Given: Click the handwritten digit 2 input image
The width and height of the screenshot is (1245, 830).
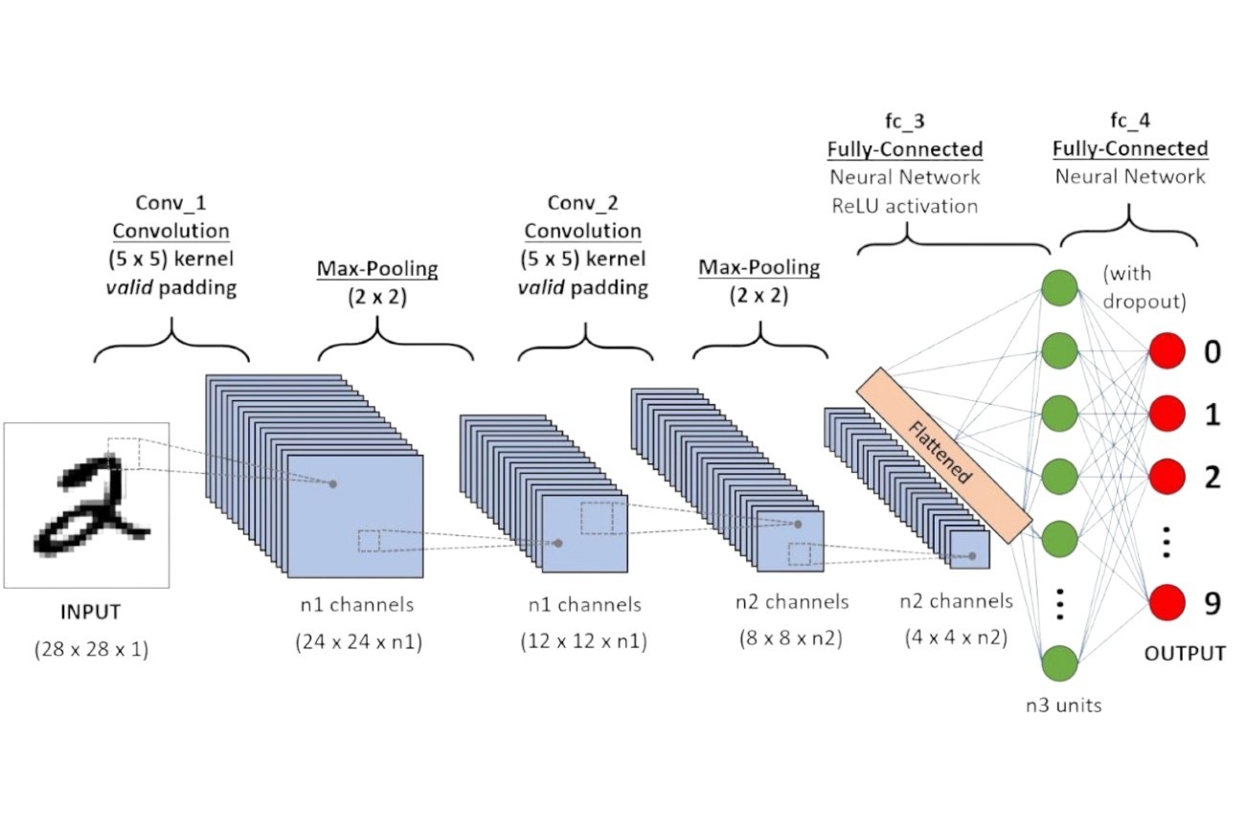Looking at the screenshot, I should [87, 505].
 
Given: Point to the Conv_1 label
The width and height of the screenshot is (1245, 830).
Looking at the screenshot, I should [170, 204].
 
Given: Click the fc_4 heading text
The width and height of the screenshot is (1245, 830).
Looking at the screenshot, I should [1129, 122].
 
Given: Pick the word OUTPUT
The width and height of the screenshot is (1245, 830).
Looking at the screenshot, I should [1185, 654].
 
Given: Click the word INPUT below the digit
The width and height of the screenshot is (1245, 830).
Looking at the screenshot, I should [91, 612].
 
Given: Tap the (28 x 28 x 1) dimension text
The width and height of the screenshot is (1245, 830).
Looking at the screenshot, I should [91, 650].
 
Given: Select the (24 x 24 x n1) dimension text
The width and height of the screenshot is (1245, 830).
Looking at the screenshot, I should [358, 642].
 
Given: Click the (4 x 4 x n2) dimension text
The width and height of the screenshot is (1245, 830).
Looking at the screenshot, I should [955, 635].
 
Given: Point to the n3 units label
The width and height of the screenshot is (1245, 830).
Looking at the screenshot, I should [1061, 707].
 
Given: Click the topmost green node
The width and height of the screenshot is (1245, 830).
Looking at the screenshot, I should [1060, 288].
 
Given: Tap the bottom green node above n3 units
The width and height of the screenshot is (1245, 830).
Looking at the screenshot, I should [1060, 662].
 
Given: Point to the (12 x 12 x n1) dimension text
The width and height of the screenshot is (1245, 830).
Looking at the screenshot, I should [584, 641].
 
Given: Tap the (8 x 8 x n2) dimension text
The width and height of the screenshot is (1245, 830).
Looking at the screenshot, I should [789, 636].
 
